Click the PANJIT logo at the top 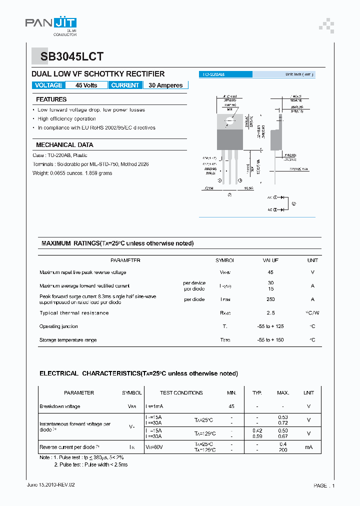pos(51,24)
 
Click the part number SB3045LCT pos(68,57)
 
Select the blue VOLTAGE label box pos(48,85)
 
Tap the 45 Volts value pos(86,85)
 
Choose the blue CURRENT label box pos(125,85)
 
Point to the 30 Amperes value pos(165,85)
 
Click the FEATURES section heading pos(51,99)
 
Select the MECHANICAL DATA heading pos(64,144)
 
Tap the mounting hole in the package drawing pos(230,120)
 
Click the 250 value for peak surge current pos(270,299)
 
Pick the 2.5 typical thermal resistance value pos(270,313)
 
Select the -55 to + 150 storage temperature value pos(270,340)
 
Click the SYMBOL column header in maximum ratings pos(224,260)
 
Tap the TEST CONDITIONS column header pos(181,393)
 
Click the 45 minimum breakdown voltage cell pos(231,406)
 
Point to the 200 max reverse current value pos(283,450)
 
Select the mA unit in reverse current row pos(308,447)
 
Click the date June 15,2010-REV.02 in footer pos(50,485)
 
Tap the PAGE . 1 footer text pos(324,485)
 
